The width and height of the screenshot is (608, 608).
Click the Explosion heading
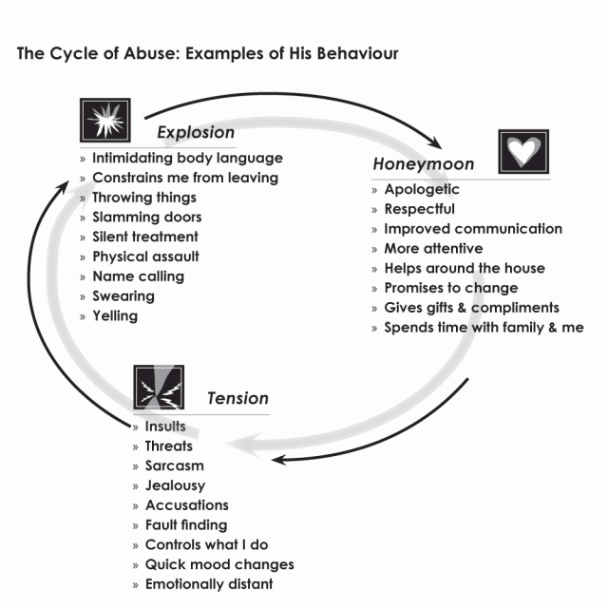196,132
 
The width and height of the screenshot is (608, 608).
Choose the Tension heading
237,398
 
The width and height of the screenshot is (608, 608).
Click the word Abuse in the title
163,53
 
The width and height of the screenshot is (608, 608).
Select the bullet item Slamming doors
146,218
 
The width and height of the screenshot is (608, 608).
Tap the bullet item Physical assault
145,256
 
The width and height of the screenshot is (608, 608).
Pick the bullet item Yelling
115,315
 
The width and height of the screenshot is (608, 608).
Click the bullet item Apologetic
422,189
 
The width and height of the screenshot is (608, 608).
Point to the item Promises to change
450,288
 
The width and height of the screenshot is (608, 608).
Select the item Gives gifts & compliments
471,308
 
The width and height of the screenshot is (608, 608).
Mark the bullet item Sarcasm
174,465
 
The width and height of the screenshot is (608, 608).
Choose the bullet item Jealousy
175,485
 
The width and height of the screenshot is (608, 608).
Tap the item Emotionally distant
208,584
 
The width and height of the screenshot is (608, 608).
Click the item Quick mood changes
218,564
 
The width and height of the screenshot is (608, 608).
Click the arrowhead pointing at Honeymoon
437,143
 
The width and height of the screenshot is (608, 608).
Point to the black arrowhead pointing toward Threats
278,459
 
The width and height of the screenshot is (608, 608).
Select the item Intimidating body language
187,158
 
